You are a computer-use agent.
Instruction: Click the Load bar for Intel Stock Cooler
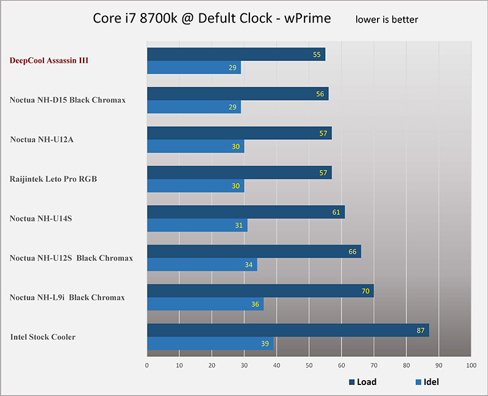288,330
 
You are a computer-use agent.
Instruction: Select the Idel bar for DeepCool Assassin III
194,67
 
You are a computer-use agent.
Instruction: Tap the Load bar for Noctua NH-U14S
246,212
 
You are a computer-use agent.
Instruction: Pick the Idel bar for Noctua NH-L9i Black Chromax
205,304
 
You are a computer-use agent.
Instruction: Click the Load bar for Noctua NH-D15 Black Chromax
238,93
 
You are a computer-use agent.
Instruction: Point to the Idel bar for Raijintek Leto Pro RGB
195,185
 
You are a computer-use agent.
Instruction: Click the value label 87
420,330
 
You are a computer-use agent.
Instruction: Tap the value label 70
365,291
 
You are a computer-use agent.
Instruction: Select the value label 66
352,251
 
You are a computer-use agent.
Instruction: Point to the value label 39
265,344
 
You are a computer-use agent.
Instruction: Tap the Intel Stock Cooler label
43,337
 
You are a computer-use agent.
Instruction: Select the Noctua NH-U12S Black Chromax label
71,258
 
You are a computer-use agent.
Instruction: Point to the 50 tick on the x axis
309,365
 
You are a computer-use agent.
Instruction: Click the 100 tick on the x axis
470,365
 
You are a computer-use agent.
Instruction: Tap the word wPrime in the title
303,18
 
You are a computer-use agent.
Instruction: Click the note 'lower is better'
387,20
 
